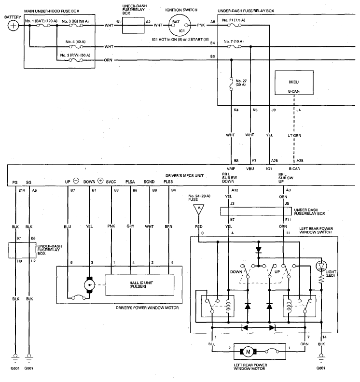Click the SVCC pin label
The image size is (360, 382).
tap(111, 182)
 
